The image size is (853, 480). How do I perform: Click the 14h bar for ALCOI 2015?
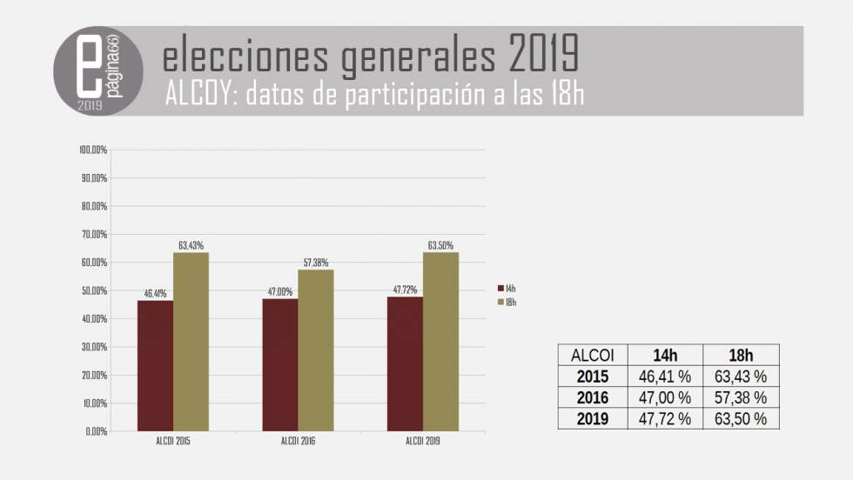(155, 365)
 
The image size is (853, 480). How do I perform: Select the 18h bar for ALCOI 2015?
(191, 342)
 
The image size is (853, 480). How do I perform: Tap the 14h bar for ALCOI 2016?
(280, 364)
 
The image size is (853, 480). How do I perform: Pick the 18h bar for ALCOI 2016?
(316, 350)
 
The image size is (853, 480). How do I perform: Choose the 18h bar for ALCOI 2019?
(440, 341)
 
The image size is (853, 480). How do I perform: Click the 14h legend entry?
(506, 288)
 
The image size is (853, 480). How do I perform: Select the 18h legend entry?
(506, 302)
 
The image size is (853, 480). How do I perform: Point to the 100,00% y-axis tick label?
(92, 150)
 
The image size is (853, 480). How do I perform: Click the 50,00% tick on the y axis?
(93, 290)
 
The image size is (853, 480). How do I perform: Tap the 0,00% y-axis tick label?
(95, 431)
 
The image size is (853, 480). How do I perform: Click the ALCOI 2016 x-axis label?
(298, 442)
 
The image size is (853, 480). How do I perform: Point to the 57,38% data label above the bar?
(315, 263)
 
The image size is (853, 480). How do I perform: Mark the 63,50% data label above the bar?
(440, 245)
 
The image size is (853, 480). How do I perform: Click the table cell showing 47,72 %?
(666, 418)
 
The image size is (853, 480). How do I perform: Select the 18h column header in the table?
(741, 355)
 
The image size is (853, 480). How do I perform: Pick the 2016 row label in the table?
(592, 397)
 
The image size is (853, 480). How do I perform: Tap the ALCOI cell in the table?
(592, 355)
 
